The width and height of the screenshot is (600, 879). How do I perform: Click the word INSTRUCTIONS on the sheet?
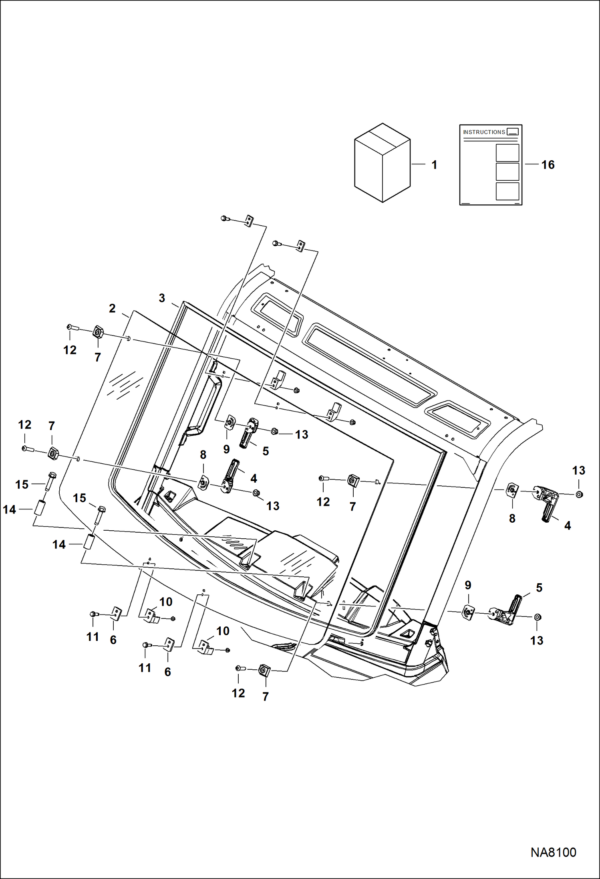click(484, 132)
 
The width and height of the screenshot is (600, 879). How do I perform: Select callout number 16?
click(548, 165)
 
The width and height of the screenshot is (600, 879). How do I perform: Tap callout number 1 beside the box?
click(434, 165)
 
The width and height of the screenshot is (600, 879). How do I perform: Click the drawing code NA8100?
click(553, 852)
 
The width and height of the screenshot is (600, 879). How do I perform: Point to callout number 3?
click(162, 298)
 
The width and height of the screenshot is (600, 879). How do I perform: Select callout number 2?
click(112, 308)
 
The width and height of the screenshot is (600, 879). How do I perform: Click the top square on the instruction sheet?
click(507, 152)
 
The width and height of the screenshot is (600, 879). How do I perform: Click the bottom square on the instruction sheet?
click(507, 191)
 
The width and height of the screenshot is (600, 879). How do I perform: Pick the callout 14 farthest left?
click(9, 509)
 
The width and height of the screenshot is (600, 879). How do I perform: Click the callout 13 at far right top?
click(578, 470)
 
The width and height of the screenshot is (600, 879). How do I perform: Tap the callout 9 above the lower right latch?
click(468, 585)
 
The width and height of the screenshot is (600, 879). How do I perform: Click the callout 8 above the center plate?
click(203, 455)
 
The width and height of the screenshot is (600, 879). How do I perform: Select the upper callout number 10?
click(166, 602)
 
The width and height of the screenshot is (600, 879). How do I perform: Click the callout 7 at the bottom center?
click(266, 696)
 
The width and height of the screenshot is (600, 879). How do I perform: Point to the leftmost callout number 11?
click(93, 637)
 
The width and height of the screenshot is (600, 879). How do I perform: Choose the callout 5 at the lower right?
click(539, 588)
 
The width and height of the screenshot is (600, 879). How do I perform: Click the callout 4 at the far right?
click(567, 525)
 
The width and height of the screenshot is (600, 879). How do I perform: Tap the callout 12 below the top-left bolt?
click(70, 350)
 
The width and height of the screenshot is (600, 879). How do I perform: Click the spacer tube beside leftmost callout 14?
click(39, 509)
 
